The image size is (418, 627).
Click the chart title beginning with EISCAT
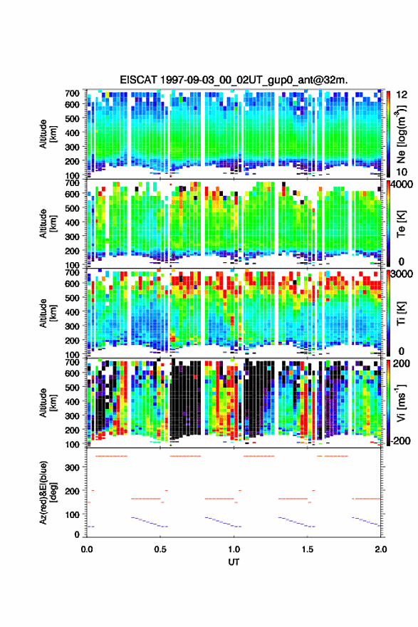(x=234, y=80)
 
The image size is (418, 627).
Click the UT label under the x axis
(x=234, y=562)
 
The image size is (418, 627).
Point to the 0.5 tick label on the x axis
(x=160, y=549)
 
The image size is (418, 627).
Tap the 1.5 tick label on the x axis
(x=308, y=549)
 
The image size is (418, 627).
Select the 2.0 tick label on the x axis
(x=381, y=549)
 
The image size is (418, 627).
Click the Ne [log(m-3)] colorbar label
(x=401, y=135)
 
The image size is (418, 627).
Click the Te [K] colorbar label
(x=401, y=224)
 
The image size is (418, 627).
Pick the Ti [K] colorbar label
(x=401, y=313)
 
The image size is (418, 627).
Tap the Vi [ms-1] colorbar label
(x=401, y=403)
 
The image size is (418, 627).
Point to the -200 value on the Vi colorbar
(x=400, y=440)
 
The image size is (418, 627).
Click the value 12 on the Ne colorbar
(x=402, y=95)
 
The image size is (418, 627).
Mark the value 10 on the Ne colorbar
(x=402, y=172)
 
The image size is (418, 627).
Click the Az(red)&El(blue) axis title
(x=48, y=492)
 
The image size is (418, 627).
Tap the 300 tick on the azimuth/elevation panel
(x=72, y=467)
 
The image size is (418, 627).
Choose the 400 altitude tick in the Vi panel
(x=72, y=401)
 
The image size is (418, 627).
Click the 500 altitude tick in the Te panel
(x=72, y=208)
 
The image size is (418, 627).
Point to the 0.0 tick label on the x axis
(x=87, y=549)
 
